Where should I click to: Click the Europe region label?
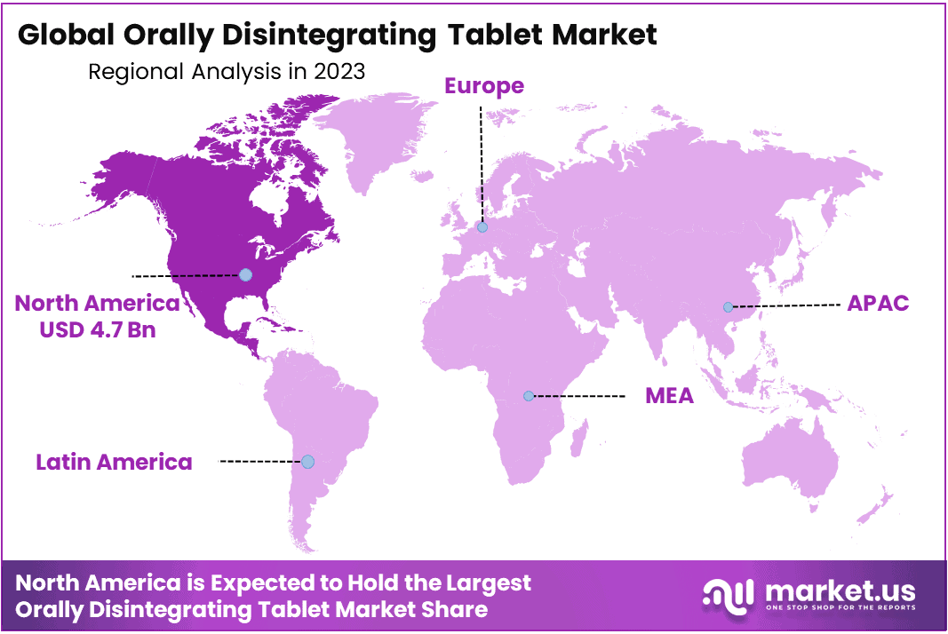[483, 86]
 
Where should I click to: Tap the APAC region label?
[878, 303]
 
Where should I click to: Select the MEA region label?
[669, 395]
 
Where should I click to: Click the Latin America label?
[114, 462]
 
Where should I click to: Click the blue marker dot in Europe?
[482, 227]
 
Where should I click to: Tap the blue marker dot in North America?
[245, 275]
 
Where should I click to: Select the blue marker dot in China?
[728, 306]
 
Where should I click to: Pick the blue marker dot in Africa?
[529, 395]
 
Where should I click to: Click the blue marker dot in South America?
[307, 462]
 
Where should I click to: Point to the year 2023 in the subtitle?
[339, 72]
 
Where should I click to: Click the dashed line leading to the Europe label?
[481, 160]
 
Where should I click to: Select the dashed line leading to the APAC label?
[785, 305]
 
